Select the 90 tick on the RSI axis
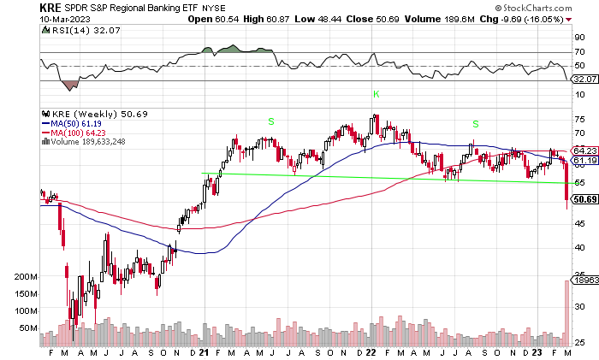coord(578,38)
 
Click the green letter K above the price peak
coord(375,93)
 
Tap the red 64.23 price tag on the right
coord(584,150)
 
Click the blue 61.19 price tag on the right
coord(584,161)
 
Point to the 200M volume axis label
coord(27,278)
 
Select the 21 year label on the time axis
coord(205,352)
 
